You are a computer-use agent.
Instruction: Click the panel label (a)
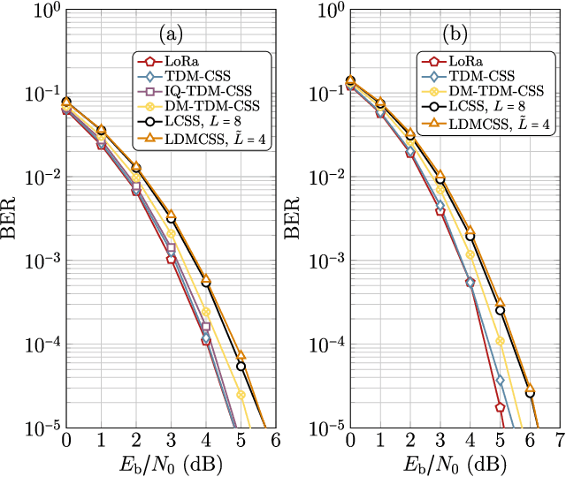pyautogui.click(x=170, y=34)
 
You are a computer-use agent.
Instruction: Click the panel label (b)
pyautogui.click(x=455, y=34)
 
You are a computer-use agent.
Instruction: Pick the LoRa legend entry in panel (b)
pyautogui.click(x=463, y=61)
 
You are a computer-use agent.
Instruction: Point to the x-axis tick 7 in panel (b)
pyautogui.click(x=560, y=441)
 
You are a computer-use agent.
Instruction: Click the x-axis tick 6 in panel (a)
pyautogui.click(x=275, y=441)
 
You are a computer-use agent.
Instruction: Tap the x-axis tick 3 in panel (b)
pyautogui.click(x=440, y=441)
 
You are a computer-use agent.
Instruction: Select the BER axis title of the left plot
pyautogui.click(x=12, y=219)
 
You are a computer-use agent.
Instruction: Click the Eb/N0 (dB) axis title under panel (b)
pyautogui.click(x=455, y=463)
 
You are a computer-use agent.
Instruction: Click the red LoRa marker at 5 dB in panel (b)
pyautogui.click(x=500, y=407)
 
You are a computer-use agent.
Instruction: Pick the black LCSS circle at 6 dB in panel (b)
pyautogui.click(x=530, y=393)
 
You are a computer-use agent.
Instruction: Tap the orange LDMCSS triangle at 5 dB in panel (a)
pyautogui.click(x=241, y=355)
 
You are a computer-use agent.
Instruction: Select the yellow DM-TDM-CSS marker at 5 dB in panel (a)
pyautogui.click(x=241, y=394)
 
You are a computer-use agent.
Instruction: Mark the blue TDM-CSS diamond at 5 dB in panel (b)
pyautogui.click(x=500, y=380)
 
